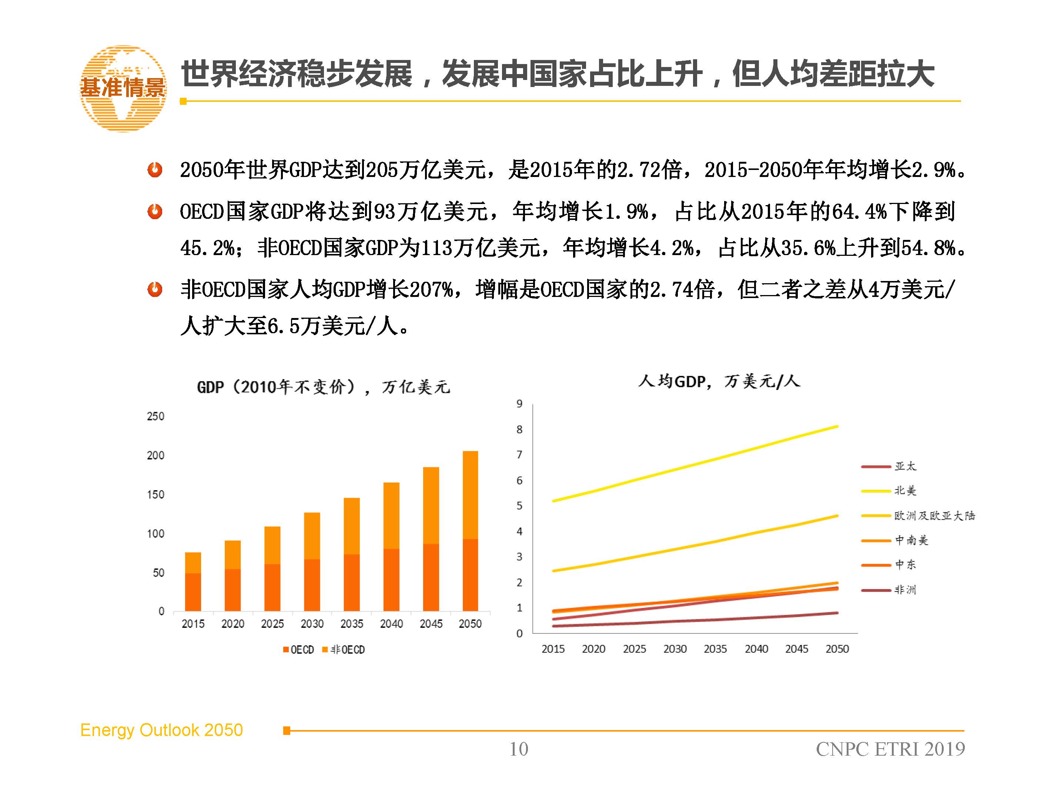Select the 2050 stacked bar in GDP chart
tap(470, 531)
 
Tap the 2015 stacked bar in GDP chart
tap(193, 582)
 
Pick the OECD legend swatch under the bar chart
tap(285, 650)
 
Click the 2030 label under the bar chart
tap(312, 623)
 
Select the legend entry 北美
tap(905, 491)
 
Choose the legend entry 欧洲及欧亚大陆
tap(934, 515)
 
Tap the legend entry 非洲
tap(905, 590)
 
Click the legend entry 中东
tap(905, 565)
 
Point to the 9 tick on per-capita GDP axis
tap(519, 404)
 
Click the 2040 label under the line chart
tap(756, 649)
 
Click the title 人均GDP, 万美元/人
tap(719, 381)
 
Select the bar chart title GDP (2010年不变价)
tap(323, 387)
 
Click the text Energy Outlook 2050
tap(161, 730)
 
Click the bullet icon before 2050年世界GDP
tap(155, 170)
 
